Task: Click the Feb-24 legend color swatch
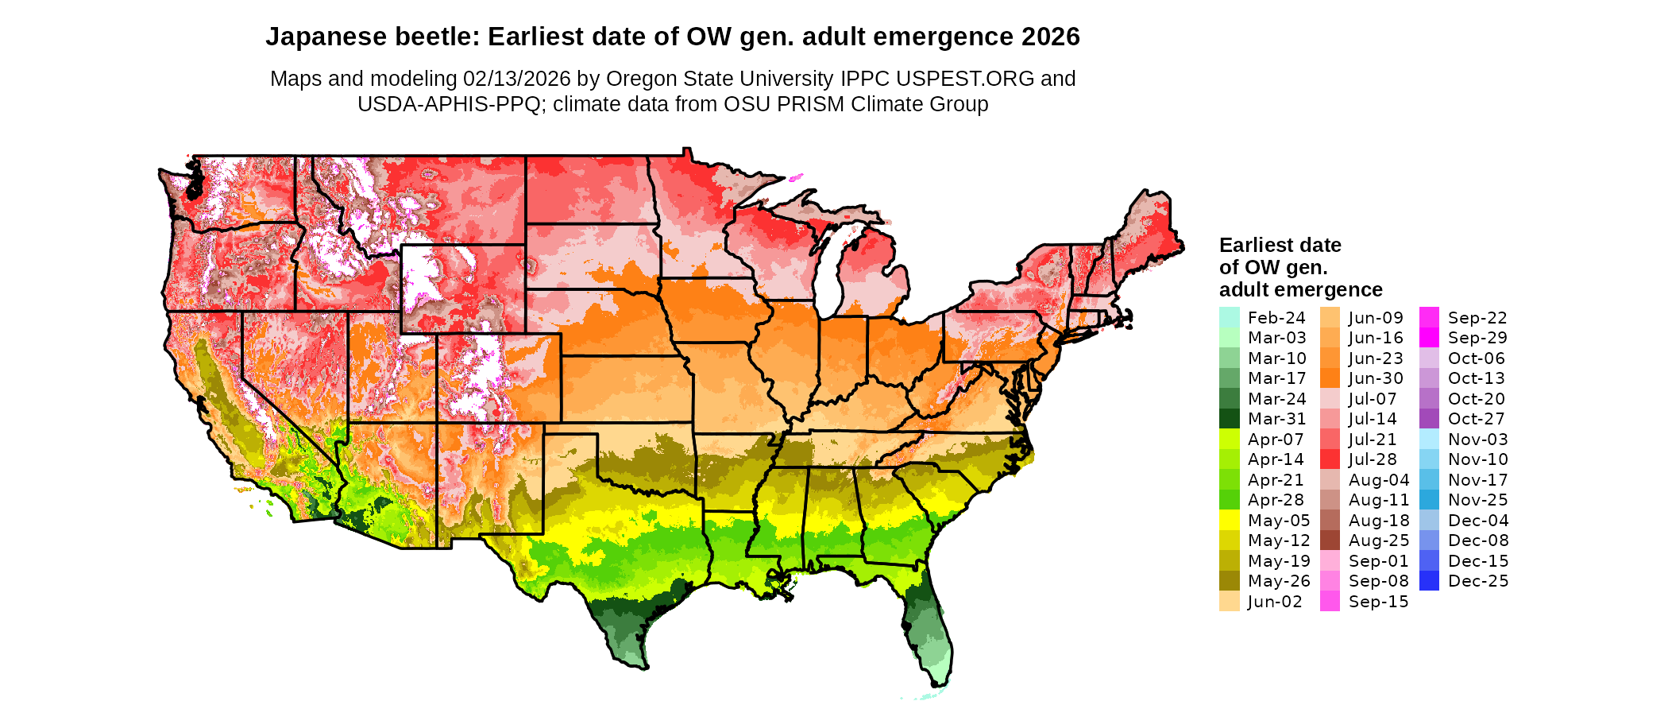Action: click(1229, 318)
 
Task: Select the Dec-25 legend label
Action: click(1477, 581)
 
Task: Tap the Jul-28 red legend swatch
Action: click(1330, 459)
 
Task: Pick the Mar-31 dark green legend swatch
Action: click(1229, 419)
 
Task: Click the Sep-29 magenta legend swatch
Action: click(1429, 338)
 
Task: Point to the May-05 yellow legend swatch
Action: click(1229, 521)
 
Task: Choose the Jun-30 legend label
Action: click(1376, 378)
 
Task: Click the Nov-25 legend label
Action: click(1477, 500)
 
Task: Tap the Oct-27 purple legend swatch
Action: click(1429, 419)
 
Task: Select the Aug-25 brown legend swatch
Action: click(1330, 540)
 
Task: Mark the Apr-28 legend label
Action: click(1276, 500)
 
